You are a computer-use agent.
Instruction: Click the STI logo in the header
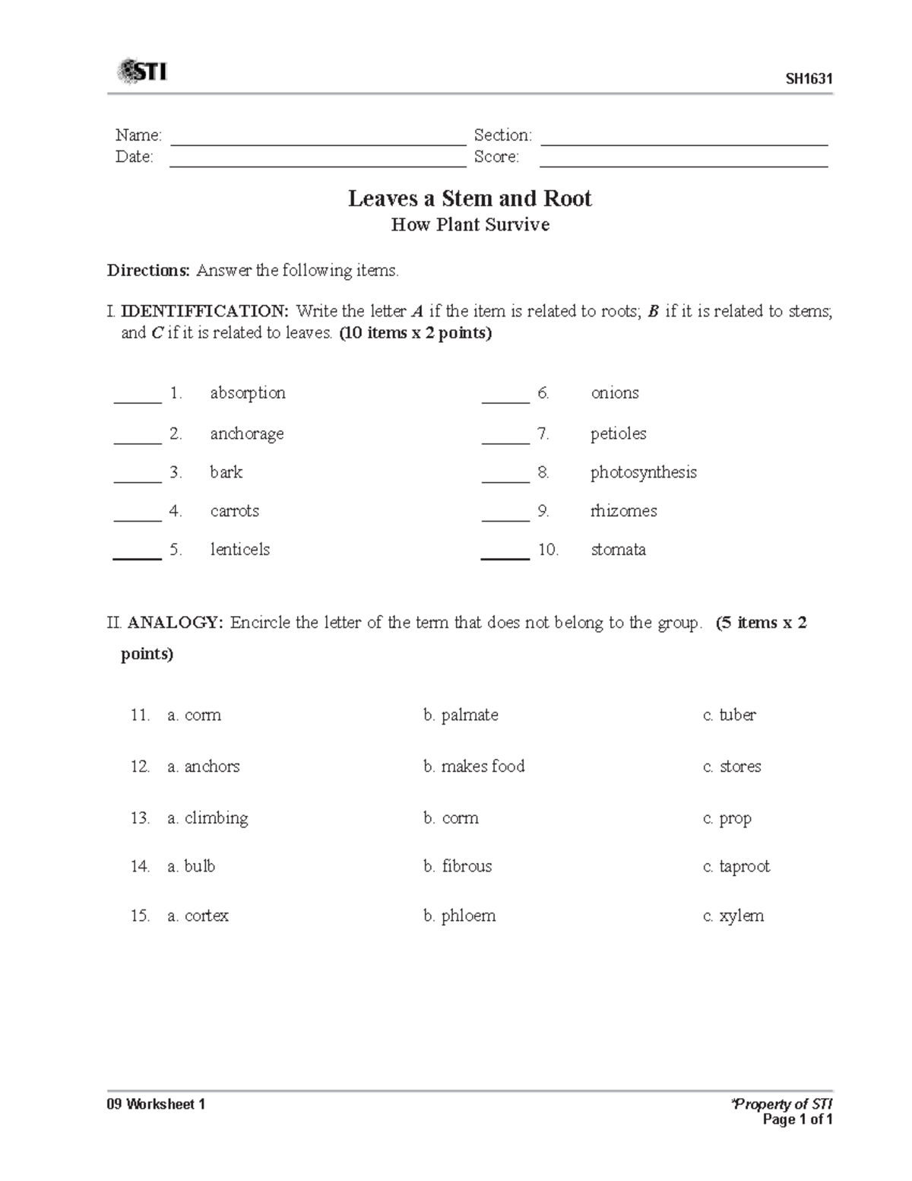(x=142, y=72)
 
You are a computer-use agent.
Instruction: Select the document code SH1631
(x=809, y=79)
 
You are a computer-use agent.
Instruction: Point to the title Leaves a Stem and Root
(x=470, y=198)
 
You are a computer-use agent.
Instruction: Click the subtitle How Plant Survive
(x=470, y=225)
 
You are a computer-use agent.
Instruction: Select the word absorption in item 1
(x=248, y=393)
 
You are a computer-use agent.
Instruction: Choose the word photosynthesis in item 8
(x=643, y=472)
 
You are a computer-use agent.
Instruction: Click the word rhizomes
(x=623, y=511)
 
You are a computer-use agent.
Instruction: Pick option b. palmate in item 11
(x=461, y=715)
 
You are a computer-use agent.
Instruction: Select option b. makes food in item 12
(x=473, y=767)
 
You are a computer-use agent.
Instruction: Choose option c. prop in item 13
(x=727, y=818)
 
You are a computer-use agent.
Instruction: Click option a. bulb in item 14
(x=192, y=866)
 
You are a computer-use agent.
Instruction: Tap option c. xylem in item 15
(x=733, y=916)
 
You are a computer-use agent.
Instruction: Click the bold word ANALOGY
(x=176, y=623)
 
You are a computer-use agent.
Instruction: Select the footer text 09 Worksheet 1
(x=156, y=1104)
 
